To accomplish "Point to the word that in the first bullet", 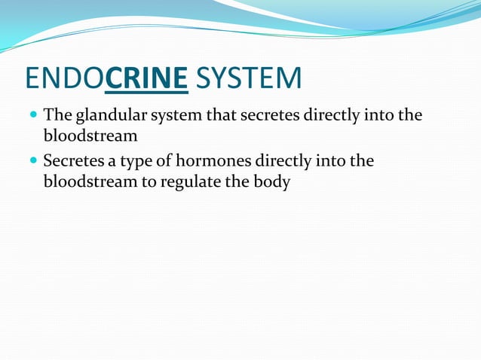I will pos(216,116).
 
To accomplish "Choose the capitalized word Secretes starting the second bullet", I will pos(72,161).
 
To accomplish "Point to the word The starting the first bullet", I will pos(57,116).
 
